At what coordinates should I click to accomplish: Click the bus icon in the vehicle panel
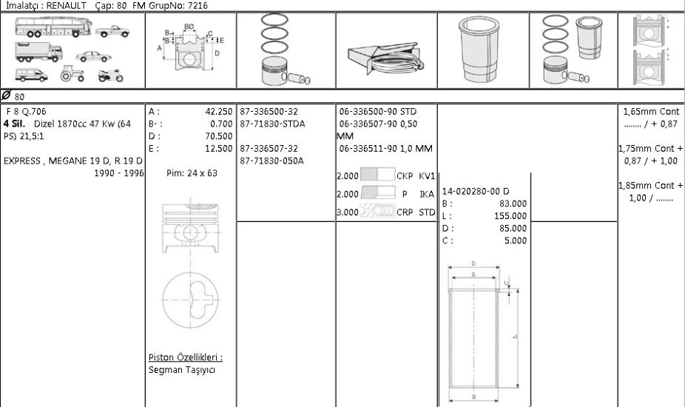tap(54, 27)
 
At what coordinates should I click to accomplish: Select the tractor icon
tap(72, 73)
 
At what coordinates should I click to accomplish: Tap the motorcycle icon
tap(110, 75)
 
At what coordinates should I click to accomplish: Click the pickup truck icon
tap(112, 32)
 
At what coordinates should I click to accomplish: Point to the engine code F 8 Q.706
tap(26, 112)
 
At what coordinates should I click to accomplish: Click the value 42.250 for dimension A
tap(219, 112)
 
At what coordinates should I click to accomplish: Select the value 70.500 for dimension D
tap(219, 136)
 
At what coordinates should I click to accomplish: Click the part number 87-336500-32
tap(269, 112)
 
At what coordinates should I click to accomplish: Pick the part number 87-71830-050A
tap(271, 161)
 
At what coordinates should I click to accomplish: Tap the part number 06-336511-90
tap(368, 148)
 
